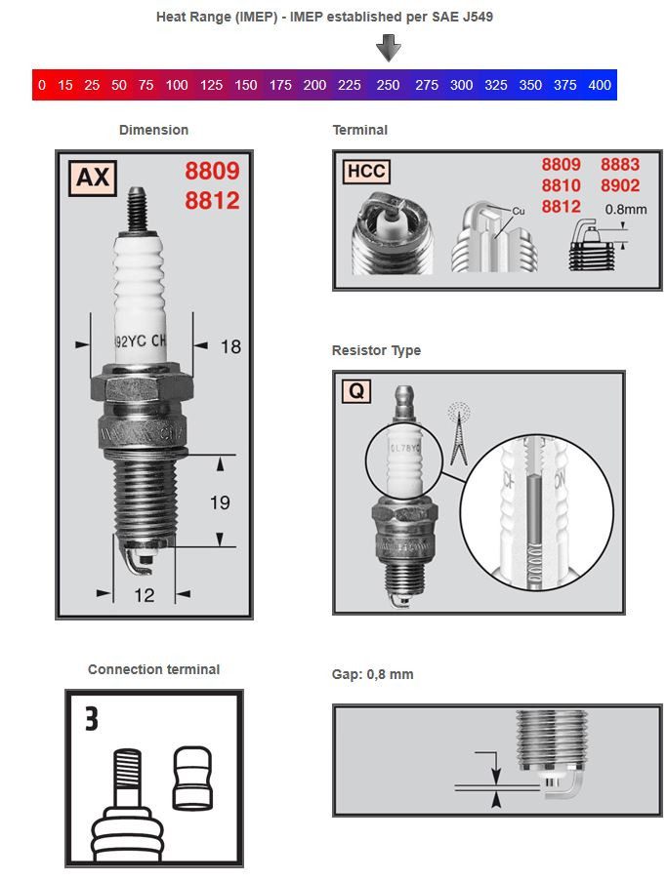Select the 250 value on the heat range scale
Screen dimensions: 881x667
click(389, 85)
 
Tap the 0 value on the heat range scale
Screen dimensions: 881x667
click(41, 85)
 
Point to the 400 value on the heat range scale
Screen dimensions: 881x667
click(599, 85)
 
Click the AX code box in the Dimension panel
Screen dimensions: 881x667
click(92, 178)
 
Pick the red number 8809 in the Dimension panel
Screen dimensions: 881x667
click(212, 172)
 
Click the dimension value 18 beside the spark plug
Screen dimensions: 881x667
click(230, 345)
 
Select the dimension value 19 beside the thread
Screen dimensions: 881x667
click(221, 502)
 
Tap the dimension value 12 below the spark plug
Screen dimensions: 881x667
click(144, 595)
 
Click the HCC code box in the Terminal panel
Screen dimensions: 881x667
click(365, 173)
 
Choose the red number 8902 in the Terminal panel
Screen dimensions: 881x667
click(619, 185)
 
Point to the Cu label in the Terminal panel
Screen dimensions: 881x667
click(519, 210)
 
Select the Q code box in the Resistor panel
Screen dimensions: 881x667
click(356, 391)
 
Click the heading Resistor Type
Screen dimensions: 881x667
click(377, 350)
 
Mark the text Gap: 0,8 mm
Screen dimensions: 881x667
click(373, 674)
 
